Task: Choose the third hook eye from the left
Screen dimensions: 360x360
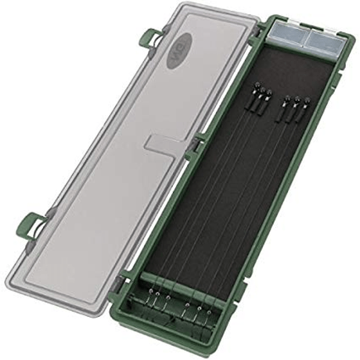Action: [x=167, y=296]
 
